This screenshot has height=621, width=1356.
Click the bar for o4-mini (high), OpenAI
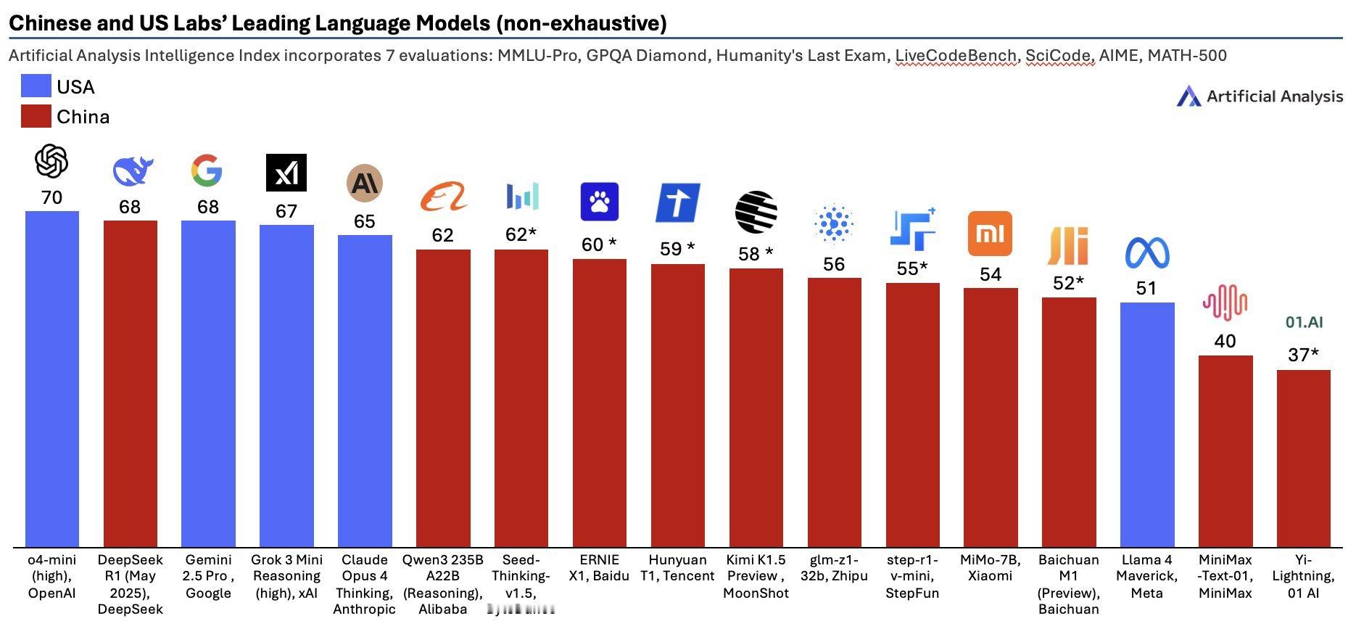(51, 377)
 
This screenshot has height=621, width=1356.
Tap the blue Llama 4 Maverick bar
(1146, 424)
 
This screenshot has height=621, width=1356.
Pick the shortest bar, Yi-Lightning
(1303, 457)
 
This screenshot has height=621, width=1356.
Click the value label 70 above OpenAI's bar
(51, 197)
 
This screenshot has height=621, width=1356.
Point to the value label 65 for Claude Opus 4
(364, 221)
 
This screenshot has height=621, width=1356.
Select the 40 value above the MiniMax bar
(1225, 341)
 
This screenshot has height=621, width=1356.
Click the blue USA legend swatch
(36, 86)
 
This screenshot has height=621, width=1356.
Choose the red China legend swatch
(36, 116)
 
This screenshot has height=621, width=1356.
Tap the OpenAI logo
(51, 161)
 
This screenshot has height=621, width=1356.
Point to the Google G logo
(207, 170)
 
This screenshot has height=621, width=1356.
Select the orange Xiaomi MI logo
(990, 234)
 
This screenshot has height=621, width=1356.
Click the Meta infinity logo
(1147, 253)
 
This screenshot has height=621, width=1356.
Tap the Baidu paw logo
(600, 202)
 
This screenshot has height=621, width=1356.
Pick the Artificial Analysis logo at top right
(1260, 96)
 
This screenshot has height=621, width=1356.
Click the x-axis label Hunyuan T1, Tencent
(677, 568)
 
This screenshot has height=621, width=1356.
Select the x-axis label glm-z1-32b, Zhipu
(834, 568)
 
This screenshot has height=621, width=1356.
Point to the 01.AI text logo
(1304, 321)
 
